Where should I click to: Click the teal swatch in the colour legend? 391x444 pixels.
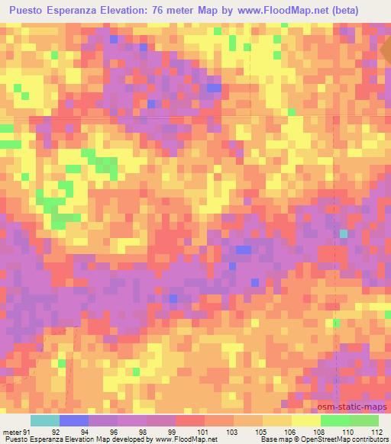tap(45, 421)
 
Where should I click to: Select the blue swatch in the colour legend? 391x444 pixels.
tap(74, 421)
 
